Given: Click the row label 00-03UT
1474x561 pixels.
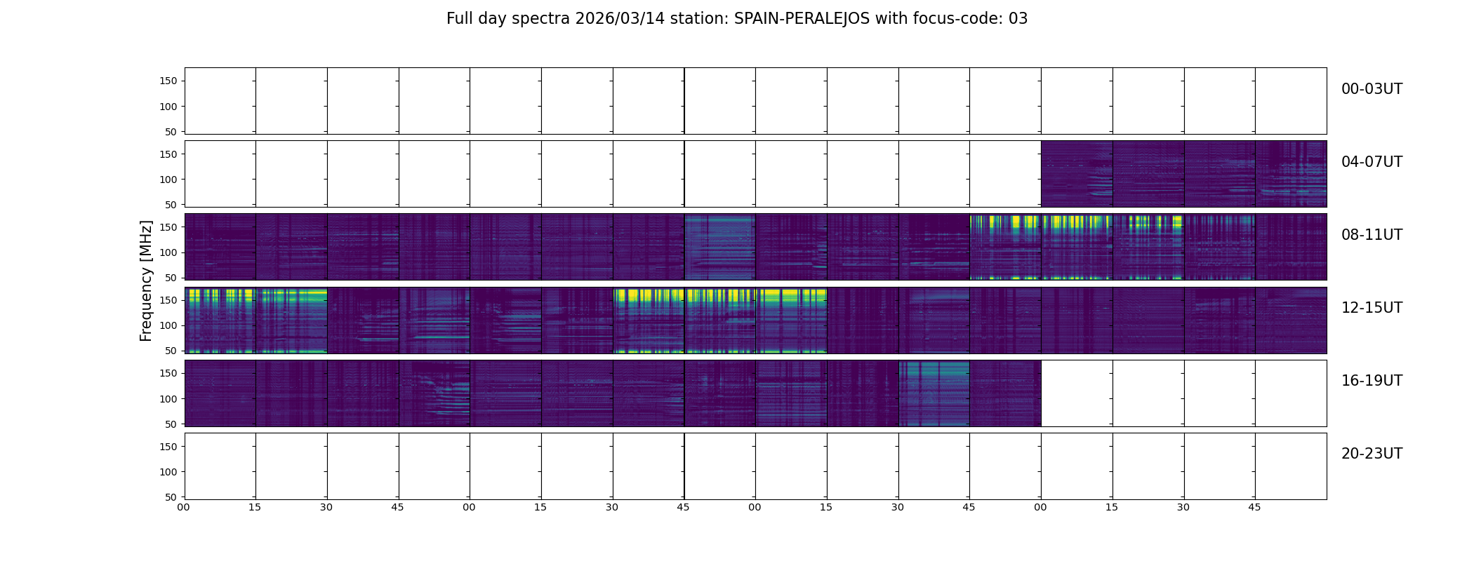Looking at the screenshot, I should point(1372,89).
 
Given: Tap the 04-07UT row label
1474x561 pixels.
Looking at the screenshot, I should point(1372,162).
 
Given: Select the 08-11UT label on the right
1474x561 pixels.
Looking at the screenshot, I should point(1372,235).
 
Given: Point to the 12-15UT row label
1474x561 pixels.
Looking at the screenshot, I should point(1372,308).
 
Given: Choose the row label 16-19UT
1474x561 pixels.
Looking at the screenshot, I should point(1372,381).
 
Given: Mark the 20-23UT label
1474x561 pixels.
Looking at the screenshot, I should point(1372,454).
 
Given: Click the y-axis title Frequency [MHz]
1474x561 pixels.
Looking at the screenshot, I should point(146,280).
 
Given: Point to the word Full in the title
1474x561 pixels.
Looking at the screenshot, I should point(460,19).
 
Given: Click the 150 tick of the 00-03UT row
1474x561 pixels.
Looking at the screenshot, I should point(169,81).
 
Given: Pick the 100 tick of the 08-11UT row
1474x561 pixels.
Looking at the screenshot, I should point(169,252).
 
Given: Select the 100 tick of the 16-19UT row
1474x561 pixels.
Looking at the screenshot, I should point(169,398).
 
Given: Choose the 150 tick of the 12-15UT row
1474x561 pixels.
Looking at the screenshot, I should point(169,300).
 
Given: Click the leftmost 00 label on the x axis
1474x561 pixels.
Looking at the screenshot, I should point(184,507).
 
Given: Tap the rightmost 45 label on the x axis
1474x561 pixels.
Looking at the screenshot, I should point(1254,507).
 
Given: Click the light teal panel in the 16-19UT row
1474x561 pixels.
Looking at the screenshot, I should point(934,393).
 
